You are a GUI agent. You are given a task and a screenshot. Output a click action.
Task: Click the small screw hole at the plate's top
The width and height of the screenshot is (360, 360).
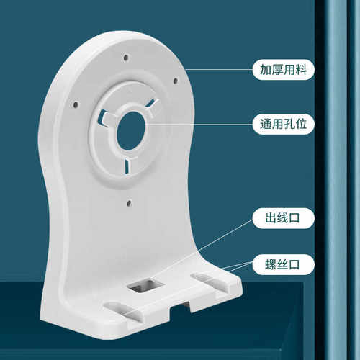tap(126, 57)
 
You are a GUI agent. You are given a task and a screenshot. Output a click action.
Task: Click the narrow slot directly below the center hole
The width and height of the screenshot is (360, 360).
tap(127, 166)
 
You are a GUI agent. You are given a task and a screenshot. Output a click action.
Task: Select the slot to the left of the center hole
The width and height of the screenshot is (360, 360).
tap(104, 114)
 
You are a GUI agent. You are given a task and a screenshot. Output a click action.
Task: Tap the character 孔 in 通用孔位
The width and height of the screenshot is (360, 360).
tap(290, 122)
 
